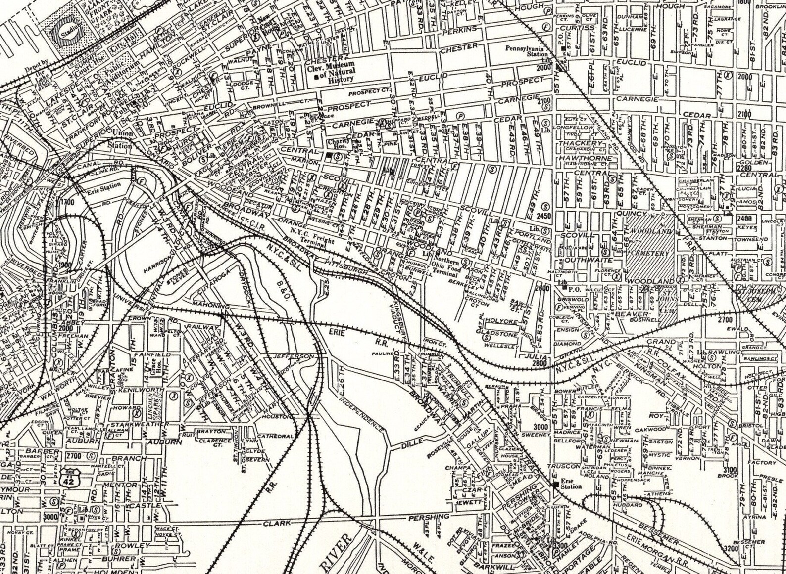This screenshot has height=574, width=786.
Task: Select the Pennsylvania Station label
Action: click(x=524, y=52)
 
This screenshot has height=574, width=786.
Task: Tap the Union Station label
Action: click(x=121, y=139)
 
